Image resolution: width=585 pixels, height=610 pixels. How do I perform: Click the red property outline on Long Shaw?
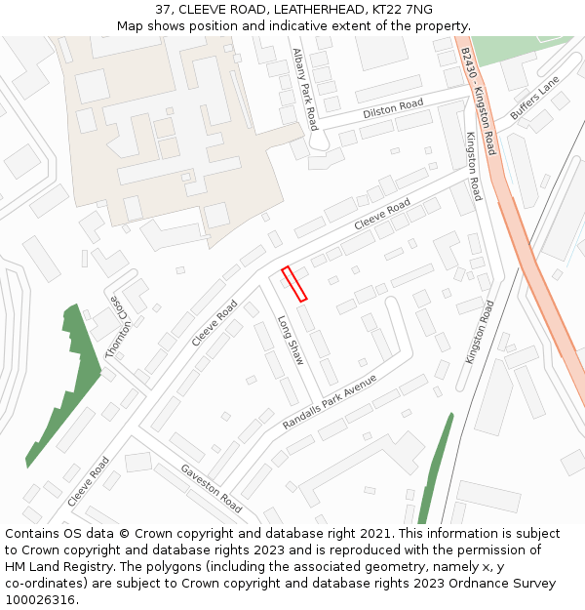[x=294, y=283]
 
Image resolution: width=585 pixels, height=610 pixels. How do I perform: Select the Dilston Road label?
[x=393, y=108]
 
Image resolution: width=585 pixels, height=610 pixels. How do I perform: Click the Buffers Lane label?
[x=535, y=99]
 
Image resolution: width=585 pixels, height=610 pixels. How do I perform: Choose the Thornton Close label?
[x=118, y=327]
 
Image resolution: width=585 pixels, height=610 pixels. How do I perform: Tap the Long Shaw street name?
[x=291, y=341]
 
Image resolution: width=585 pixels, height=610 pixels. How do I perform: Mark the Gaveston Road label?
[x=211, y=488]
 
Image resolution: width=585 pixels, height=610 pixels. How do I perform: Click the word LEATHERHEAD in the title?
[x=317, y=10]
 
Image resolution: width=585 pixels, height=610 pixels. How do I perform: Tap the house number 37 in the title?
[x=164, y=10]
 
